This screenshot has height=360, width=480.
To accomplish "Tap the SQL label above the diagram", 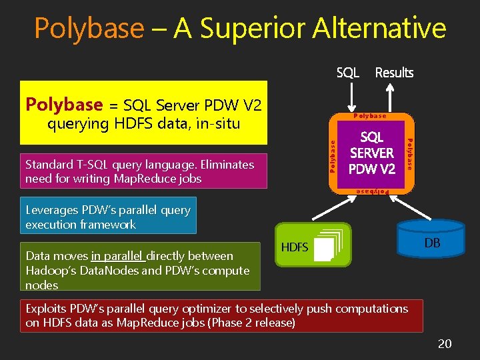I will point(348,73).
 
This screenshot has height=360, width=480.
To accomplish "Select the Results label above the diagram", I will point(394,73).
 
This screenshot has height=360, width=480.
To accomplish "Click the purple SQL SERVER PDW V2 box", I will point(372,153).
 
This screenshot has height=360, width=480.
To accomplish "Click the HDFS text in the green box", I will point(295,247).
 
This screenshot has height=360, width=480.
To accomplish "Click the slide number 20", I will point(445,343).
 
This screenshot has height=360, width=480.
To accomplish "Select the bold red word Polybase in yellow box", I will point(64,105).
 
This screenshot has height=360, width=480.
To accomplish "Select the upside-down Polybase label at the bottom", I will point(371,191).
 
